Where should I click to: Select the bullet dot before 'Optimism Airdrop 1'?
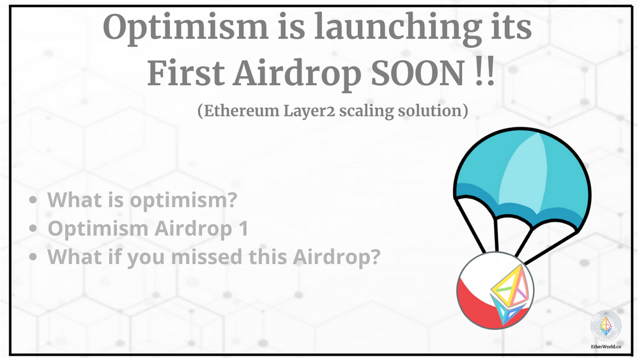click(x=33, y=229)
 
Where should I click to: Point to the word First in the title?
click(x=183, y=75)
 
